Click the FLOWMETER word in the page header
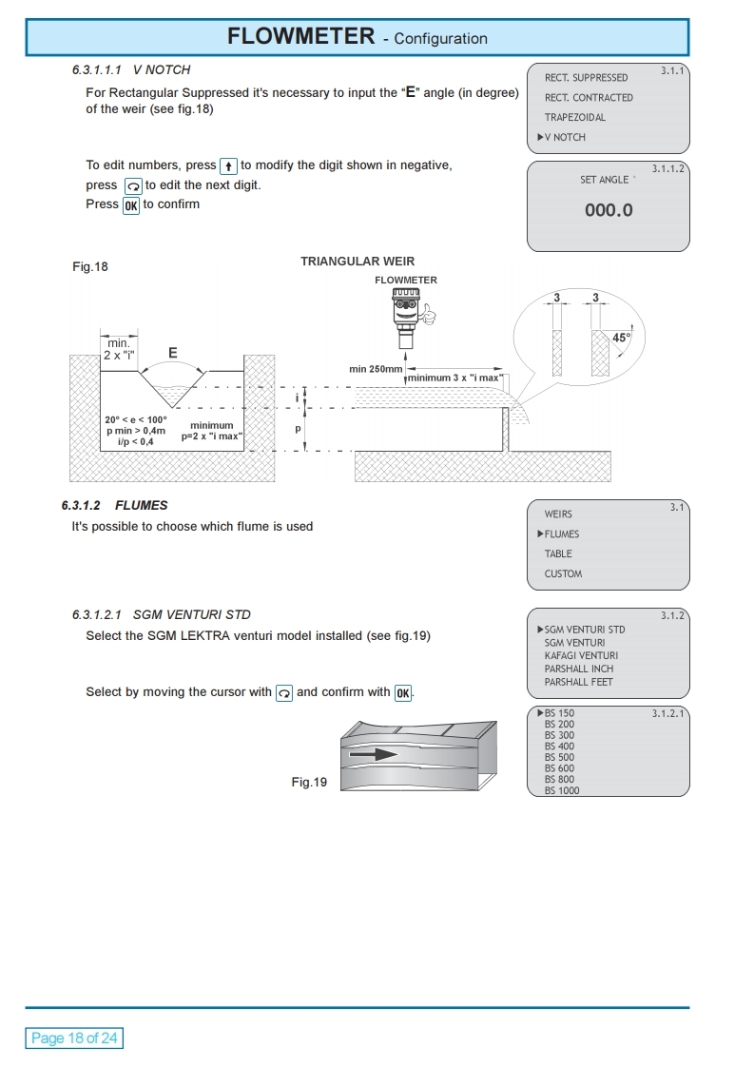tap(300, 37)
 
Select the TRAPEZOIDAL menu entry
tap(574, 118)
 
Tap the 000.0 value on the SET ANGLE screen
tap(609, 210)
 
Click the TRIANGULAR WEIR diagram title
tap(358, 262)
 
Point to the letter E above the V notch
tap(172, 353)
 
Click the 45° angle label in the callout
tap(621, 338)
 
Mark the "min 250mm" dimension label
tap(376, 369)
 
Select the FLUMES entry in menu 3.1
tap(561, 534)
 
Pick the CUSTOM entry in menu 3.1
tap(563, 574)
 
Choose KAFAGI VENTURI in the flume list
tap(581, 656)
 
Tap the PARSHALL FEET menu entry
tap(578, 683)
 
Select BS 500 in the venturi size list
tap(559, 758)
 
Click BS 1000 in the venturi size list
tap(561, 791)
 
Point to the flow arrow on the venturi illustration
tap(372, 754)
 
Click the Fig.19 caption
tap(309, 783)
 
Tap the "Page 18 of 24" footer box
tap(74, 1038)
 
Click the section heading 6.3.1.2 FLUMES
tap(114, 506)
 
